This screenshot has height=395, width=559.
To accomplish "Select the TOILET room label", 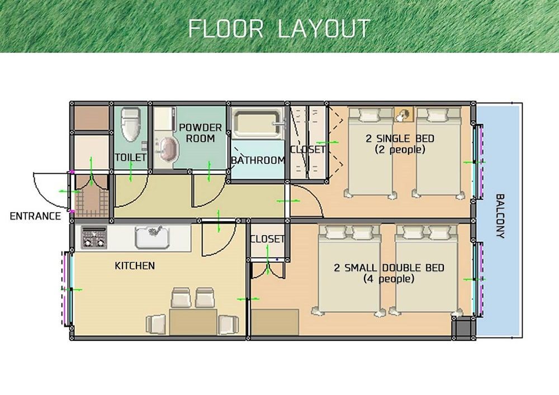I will coord(131,158).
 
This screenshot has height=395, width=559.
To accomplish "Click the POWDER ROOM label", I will coord(200,133).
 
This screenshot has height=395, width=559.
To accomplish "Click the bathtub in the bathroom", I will coord(257,122).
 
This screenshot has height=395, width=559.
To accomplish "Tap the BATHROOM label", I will coord(258,160).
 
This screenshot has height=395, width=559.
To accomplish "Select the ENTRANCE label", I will coord(35,216).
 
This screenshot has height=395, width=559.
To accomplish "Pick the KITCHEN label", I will coord(135,265).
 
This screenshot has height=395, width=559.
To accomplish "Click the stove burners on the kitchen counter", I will coord(94,238).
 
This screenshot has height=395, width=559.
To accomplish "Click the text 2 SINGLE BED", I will coord(400,139).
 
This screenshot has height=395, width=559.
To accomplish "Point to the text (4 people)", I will coord(389,279).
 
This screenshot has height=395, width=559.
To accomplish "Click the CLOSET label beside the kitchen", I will coord(268,239).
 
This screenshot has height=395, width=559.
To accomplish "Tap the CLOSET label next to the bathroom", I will coord(307,150).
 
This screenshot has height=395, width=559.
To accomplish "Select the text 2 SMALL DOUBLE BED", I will coord(389,268).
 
